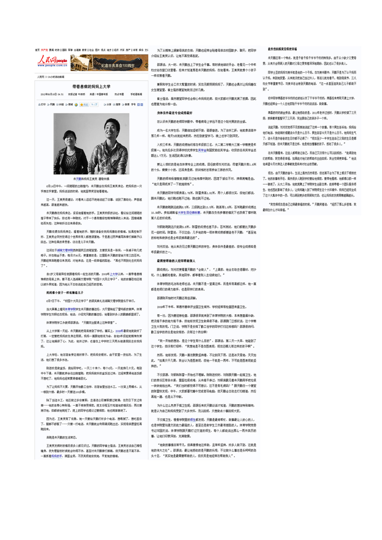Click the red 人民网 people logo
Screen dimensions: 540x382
52,61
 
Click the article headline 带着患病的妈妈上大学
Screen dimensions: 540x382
91,87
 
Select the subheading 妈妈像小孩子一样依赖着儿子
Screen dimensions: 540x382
68,292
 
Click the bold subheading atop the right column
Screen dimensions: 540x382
286,50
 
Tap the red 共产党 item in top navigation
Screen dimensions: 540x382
44,50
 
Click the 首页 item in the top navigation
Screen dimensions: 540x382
38,50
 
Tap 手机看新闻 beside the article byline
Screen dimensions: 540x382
135,94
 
